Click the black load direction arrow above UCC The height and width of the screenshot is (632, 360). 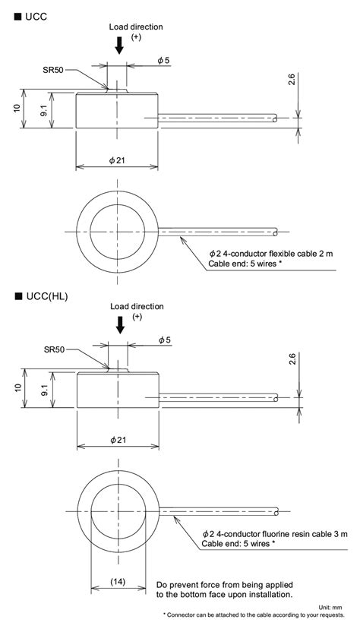click(119, 46)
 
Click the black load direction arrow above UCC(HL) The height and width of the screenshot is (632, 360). click(120, 325)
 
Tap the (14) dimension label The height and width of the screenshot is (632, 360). click(118, 581)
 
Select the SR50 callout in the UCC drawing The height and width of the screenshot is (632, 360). click(53, 69)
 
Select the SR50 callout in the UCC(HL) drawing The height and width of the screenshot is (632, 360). click(54, 349)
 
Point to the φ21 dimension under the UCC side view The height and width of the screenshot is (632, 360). click(117, 160)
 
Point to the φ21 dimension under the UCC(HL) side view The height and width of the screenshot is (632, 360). click(118, 440)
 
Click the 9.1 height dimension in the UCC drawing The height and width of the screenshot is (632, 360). click(43, 110)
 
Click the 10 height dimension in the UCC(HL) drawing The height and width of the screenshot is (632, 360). click(17, 387)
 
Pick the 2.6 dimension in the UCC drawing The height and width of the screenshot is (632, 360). click(292, 79)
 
